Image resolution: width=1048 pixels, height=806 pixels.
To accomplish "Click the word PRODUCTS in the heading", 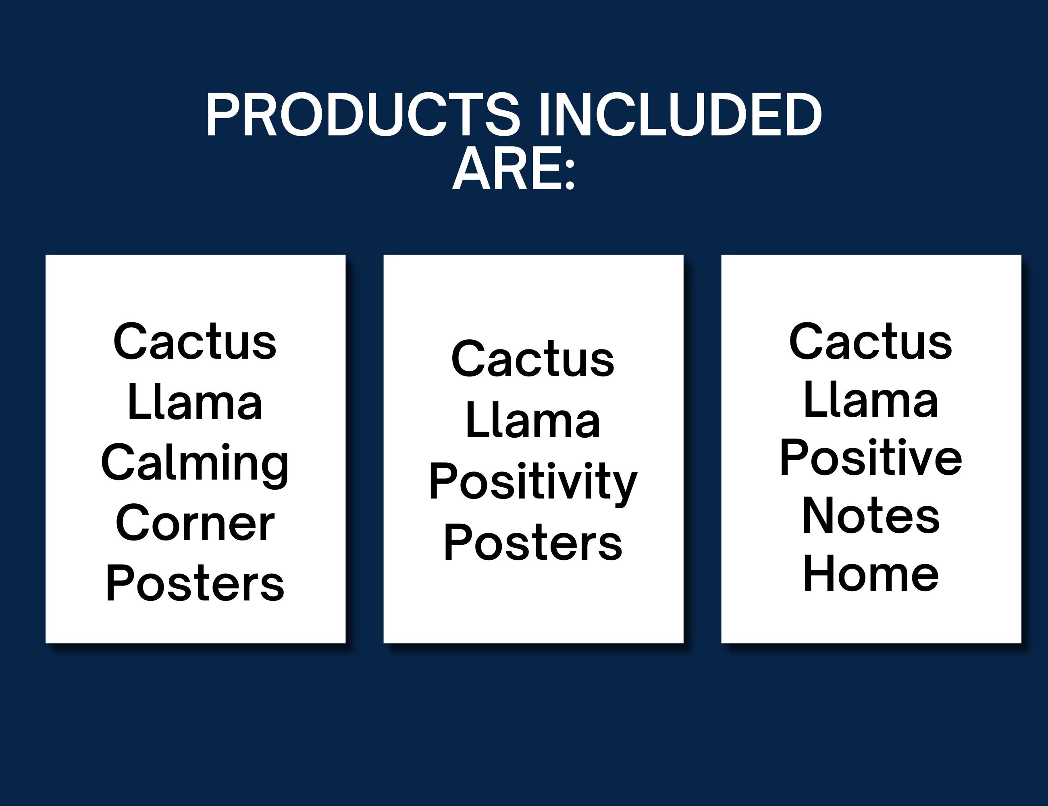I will (363, 115).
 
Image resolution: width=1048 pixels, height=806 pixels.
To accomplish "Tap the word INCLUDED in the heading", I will (680, 115).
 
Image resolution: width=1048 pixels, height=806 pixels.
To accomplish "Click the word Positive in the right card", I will (871, 458).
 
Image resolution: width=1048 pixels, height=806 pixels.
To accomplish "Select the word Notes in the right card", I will (871, 516).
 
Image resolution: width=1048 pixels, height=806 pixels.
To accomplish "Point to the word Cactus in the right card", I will (871, 342).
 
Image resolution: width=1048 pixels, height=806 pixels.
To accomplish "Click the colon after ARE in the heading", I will (570, 175).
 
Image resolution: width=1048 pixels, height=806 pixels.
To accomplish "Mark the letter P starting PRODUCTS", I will (222, 115).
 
